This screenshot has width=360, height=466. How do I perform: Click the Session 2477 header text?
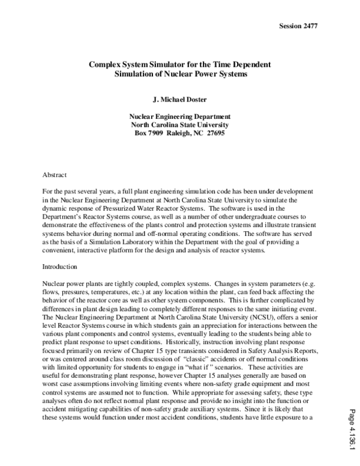298,26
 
